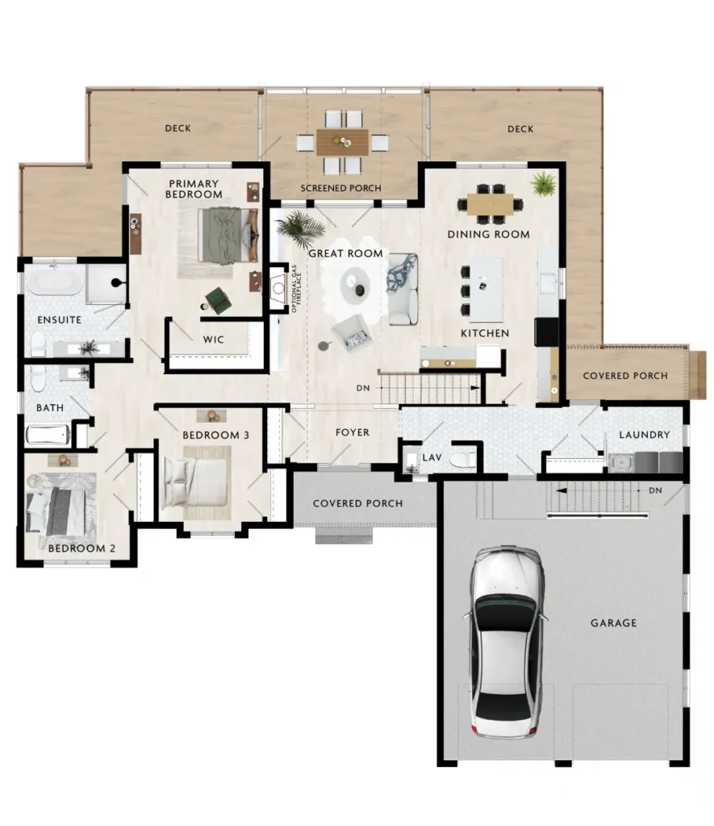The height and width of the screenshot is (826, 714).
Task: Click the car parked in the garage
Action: [x=505, y=642]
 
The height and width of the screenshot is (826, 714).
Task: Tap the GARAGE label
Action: [x=613, y=623]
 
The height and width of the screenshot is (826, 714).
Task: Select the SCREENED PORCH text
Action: [x=341, y=188]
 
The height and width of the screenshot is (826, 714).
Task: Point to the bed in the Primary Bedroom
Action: [x=228, y=235]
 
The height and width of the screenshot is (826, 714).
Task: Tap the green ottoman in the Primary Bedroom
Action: [x=218, y=300]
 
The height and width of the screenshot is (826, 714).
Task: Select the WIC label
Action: [x=214, y=340]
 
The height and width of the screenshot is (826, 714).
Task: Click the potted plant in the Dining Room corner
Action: [x=543, y=185]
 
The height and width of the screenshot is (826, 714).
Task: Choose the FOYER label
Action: [x=353, y=432]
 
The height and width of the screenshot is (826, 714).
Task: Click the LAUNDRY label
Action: [x=645, y=435]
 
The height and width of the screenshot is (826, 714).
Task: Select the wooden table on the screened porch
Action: [x=343, y=142]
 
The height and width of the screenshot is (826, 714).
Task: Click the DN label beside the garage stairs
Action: [x=656, y=490]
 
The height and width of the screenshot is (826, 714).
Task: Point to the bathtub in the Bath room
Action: [x=48, y=435]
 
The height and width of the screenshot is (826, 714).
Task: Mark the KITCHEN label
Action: [x=485, y=333]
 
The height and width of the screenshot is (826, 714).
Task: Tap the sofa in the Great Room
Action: [x=403, y=290]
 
